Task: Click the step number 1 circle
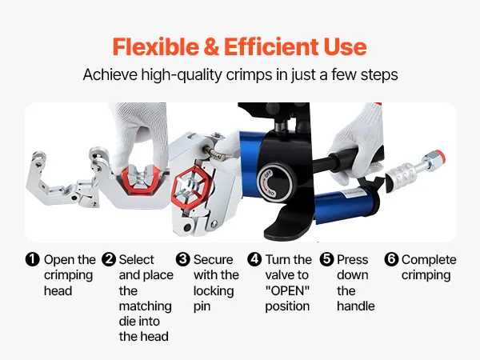[33, 259]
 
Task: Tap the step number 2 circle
[109, 259]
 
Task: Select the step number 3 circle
[182, 259]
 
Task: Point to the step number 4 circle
[254, 259]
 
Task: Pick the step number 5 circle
[327, 259]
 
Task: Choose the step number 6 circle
[391, 259]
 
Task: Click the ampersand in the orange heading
[211, 47]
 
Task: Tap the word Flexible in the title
[155, 46]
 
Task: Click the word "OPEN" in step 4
[287, 290]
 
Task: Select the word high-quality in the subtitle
[181, 75]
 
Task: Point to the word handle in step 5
[356, 306]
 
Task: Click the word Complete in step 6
[429, 259]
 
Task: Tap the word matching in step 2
[145, 306]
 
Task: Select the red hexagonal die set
[192, 190]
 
